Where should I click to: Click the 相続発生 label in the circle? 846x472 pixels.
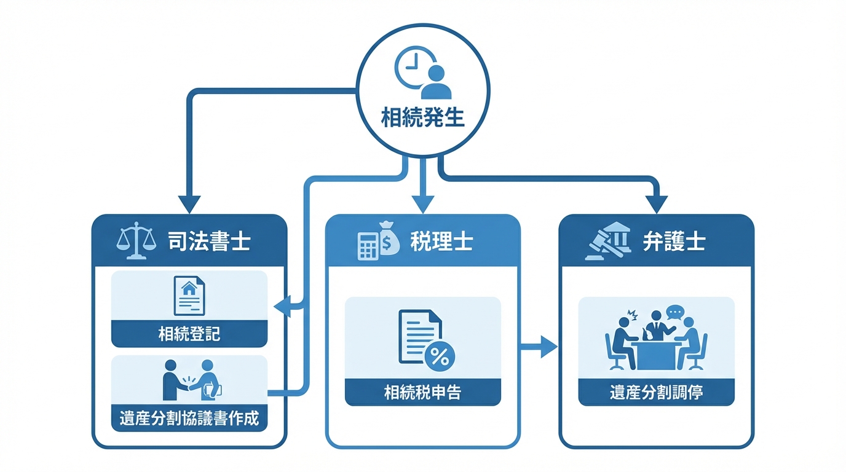422,117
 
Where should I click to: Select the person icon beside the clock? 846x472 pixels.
437,82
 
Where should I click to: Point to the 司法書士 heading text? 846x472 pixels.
209,242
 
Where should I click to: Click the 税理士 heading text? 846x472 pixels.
441,242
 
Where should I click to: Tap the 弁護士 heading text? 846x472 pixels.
673,242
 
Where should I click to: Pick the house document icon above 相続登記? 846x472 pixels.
189,296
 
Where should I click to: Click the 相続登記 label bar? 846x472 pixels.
189,334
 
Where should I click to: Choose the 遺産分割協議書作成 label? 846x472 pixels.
189,419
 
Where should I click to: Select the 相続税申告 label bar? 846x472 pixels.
423,391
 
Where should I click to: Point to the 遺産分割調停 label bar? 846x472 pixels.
656,392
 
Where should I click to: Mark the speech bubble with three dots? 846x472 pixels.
675,312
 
